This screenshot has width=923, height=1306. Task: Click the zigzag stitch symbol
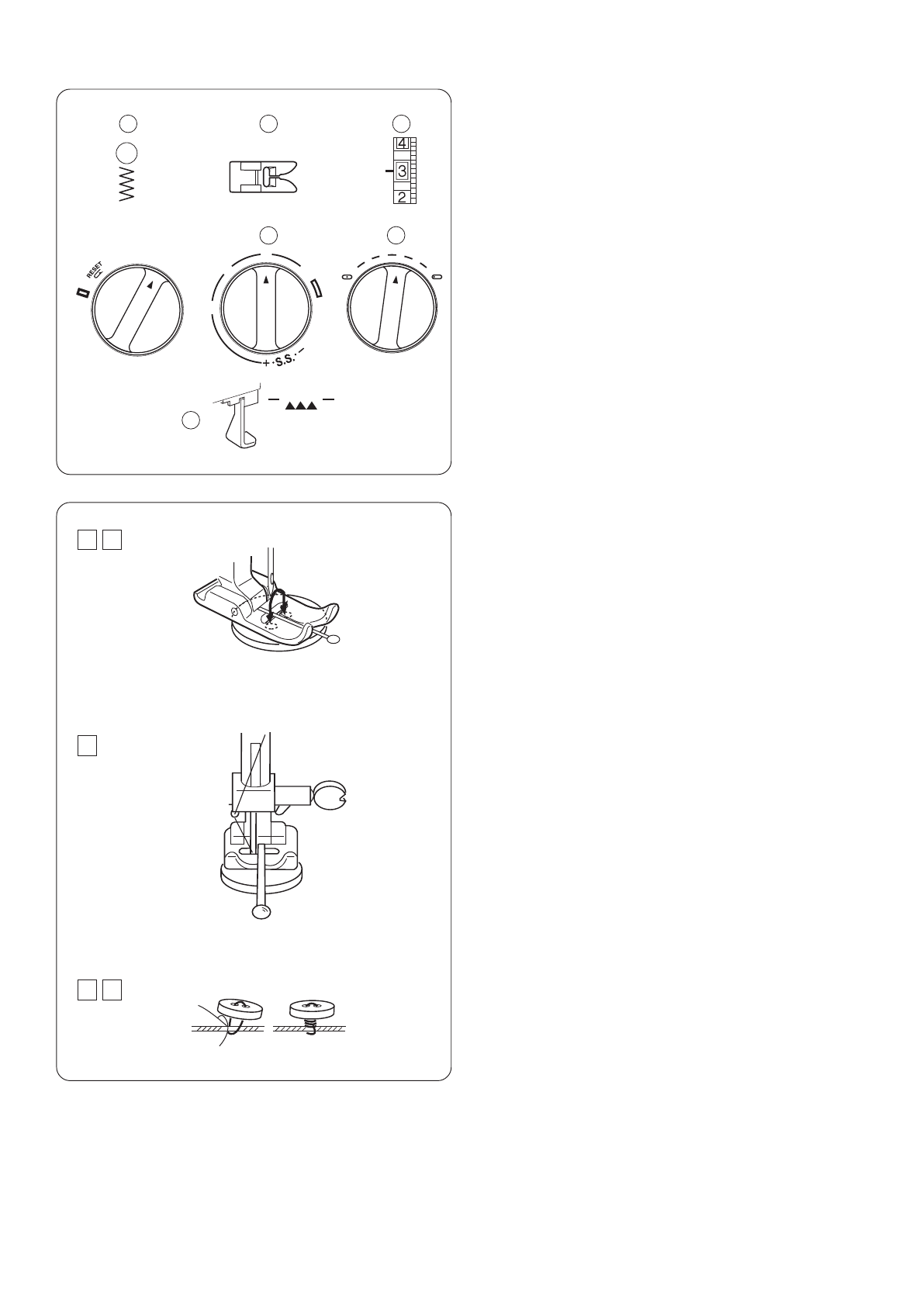tap(127, 186)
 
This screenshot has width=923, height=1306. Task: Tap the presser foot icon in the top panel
tap(264, 177)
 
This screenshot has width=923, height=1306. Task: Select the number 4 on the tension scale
tap(402, 143)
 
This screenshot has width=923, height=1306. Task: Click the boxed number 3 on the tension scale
tap(402, 171)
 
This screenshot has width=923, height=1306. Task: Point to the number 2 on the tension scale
tap(402, 197)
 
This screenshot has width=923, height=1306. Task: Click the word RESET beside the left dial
tap(94, 269)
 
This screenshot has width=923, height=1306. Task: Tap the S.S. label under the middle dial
tap(285, 361)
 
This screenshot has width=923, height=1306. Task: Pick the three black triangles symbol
tap(301, 406)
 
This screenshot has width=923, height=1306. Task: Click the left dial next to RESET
tap(137, 309)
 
